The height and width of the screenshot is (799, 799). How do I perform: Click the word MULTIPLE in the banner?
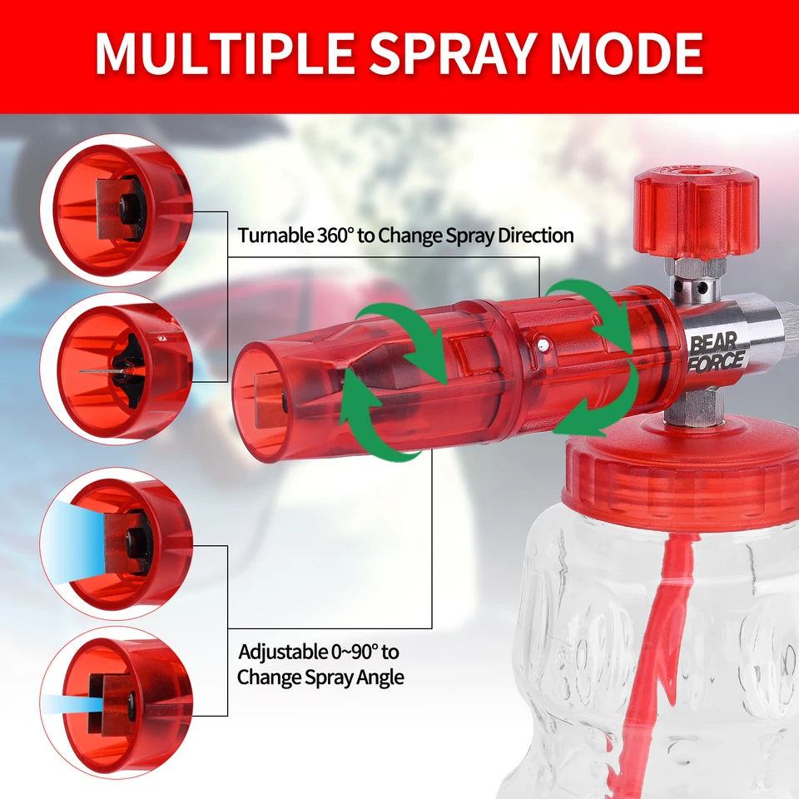[x=225, y=53]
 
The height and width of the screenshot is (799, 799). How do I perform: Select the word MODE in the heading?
[x=628, y=53]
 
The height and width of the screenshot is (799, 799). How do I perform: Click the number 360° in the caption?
[x=335, y=236]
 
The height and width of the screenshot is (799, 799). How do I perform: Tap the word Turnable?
[x=275, y=236]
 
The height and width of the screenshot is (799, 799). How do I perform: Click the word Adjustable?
[x=283, y=653]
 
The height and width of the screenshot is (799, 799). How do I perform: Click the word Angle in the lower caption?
[x=380, y=677]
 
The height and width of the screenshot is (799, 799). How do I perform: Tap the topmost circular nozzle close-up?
[x=117, y=210]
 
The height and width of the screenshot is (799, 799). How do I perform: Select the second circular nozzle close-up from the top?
[x=117, y=369]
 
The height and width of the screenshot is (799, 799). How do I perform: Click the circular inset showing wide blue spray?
[x=117, y=543]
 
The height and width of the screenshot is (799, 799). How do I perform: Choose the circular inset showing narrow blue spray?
[x=117, y=702]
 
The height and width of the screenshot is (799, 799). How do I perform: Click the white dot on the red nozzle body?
[x=543, y=345]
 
